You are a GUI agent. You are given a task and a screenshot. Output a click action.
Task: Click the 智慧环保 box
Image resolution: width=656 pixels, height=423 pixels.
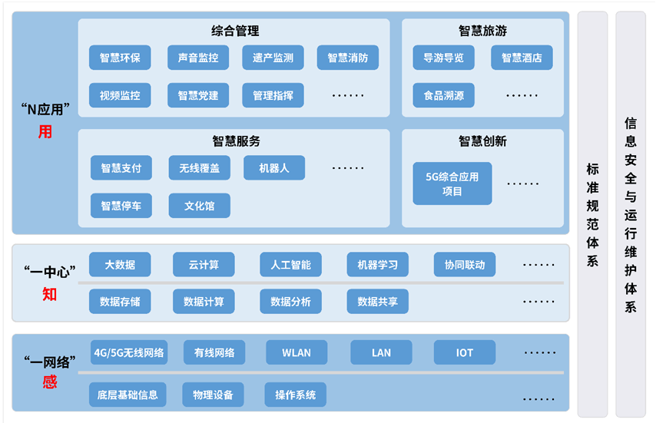pyautogui.click(x=120, y=58)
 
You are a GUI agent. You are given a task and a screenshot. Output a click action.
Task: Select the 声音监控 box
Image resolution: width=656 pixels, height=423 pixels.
pyautogui.click(x=198, y=58)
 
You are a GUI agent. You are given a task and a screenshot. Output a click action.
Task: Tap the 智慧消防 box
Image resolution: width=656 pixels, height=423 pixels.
pyautogui.click(x=348, y=58)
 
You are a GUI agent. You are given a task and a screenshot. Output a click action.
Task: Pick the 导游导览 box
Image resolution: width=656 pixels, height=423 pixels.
pyautogui.click(x=443, y=58)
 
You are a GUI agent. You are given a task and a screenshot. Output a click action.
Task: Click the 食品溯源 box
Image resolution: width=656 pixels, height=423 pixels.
pyautogui.click(x=443, y=95)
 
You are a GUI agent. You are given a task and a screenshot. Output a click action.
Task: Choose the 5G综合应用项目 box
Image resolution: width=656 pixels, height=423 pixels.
pyautogui.click(x=452, y=183)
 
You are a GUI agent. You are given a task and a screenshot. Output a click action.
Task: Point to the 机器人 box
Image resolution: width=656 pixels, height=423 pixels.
pyautogui.click(x=274, y=168)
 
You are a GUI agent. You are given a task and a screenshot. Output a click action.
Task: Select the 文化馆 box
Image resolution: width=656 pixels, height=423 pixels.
pyautogui.click(x=200, y=206)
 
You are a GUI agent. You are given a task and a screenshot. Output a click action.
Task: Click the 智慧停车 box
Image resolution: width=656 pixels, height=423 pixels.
pyautogui.click(x=121, y=206)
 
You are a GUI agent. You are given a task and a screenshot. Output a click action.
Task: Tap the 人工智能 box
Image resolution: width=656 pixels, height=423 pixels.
pyautogui.click(x=291, y=264)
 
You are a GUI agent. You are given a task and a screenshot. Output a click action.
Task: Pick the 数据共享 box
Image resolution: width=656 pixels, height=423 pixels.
pyautogui.click(x=377, y=302)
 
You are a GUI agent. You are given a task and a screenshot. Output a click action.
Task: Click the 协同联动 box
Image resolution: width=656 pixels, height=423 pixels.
pyautogui.click(x=465, y=264)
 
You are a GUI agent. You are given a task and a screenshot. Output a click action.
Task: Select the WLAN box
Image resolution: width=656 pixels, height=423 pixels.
pyautogui.click(x=297, y=352)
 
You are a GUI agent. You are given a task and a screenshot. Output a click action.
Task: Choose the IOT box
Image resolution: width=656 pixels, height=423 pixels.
pyautogui.click(x=465, y=352)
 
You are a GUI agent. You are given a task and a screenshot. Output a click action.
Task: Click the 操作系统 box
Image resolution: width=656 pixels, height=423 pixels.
pyautogui.click(x=296, y=395)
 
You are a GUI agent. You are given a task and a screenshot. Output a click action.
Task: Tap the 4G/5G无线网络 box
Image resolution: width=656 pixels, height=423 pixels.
pyautogui.click(x=129, y=352)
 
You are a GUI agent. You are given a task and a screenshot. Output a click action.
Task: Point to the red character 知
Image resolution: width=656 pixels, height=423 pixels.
pyautogui.click(x=49, y=294)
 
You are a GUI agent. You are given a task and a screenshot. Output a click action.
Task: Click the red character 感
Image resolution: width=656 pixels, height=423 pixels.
pyautogui.click(x=50, y=382)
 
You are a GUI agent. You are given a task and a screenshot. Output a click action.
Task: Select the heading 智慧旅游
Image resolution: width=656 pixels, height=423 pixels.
pyautogui.click(x=483, y=31)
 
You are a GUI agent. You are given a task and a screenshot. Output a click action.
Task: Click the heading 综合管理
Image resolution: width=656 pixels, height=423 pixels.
pyautogui.click(x=235, y=31)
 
